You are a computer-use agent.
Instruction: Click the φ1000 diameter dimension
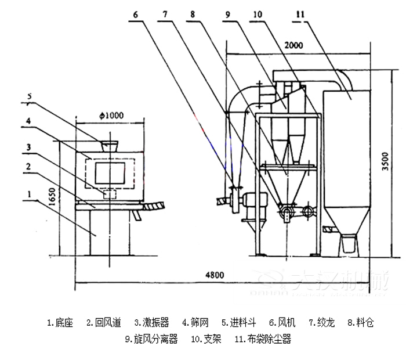[111, 116]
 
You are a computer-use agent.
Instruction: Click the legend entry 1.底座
[60, 323]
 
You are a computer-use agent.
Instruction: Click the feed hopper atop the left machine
[108, 145]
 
